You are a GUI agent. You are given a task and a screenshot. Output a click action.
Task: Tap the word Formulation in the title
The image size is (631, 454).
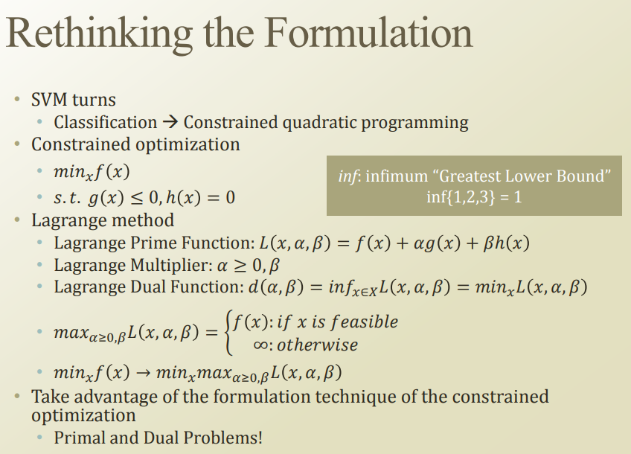click(368, 33)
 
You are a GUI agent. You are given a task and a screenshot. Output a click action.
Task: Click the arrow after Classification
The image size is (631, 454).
click(170, 123)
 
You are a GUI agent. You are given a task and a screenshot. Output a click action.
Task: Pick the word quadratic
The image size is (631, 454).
click(321, 123)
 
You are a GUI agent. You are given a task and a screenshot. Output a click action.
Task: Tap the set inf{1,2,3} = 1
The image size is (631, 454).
click(474, 199)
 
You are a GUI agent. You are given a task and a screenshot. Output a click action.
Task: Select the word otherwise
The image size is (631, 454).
click(318, 345)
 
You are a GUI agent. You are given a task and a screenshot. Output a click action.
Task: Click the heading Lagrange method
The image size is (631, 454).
click(103, 220)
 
